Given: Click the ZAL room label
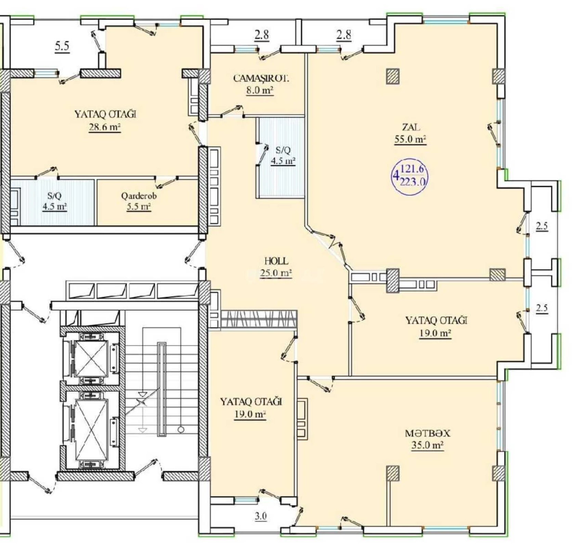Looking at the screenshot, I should [411, 127].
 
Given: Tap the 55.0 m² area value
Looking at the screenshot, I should [410, 139].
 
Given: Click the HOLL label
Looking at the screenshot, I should [276, 261].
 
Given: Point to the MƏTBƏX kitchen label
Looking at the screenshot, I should [427, 433].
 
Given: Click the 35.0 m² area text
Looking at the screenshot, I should [427, 445].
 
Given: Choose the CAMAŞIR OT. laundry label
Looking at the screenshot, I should [261, 78].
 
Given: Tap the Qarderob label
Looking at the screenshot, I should [139, 196].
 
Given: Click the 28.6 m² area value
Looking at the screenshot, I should [105, 127].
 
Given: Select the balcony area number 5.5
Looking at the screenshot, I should [62, 46].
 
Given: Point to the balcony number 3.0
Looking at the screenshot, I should [260, 516].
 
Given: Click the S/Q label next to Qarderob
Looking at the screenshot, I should [54, 196].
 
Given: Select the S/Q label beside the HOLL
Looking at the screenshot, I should [283, 150].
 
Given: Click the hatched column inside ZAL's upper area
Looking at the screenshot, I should [393, 76].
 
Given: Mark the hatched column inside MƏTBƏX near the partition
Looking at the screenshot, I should [392, 473].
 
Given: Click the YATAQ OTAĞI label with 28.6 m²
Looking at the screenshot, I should [105, 114].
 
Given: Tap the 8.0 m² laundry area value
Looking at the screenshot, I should [260, 90].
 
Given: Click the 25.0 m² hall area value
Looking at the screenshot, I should [276, 273].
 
